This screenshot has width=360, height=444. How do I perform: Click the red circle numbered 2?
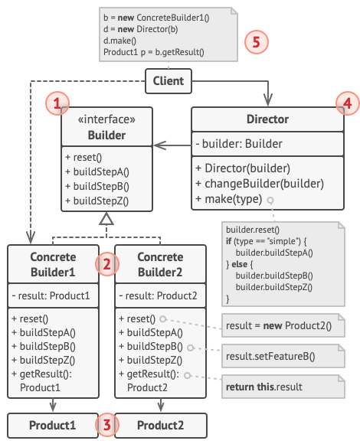(106, 264)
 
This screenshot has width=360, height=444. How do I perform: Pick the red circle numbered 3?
(106, 423)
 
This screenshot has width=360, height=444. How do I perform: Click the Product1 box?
(53, 424)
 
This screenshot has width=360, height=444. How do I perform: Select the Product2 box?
(160, 424)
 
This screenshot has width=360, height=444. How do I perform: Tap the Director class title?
(267, 119)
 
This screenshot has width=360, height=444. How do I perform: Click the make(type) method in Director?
(227, 199)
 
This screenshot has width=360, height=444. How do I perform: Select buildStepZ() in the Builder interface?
(97, 202)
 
